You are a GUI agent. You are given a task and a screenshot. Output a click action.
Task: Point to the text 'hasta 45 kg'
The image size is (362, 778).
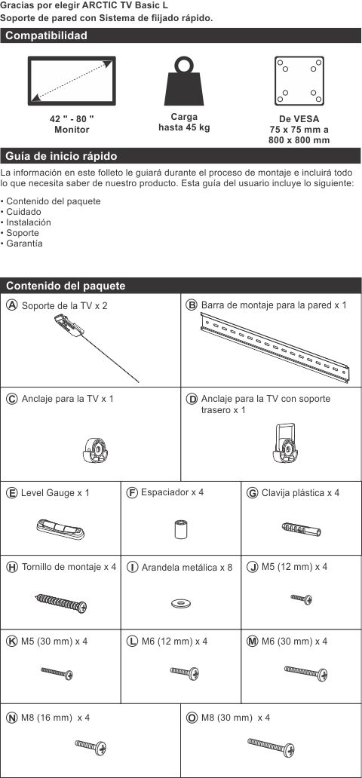[184, 127]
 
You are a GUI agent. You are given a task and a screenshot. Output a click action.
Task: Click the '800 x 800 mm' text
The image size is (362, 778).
[299, 139]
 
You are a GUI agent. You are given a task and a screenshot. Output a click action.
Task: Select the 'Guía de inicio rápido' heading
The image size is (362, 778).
[61, 156]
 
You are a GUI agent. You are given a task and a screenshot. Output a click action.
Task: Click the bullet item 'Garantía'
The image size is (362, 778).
[23, 244]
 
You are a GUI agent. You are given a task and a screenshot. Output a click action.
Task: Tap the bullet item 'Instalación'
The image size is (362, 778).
[28, 222]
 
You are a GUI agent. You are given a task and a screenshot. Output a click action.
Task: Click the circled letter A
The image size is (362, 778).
[12, 305]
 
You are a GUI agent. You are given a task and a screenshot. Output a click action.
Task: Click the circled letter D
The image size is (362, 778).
[192, 399]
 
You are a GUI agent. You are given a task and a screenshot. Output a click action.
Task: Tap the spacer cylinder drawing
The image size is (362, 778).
[180, 529]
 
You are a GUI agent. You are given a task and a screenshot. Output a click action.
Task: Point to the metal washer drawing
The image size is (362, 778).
[180, 602]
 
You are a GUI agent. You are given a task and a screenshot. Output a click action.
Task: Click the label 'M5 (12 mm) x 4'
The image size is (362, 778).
[294, 566]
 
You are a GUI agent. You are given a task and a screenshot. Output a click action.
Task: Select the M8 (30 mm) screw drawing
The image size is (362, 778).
[269, 747]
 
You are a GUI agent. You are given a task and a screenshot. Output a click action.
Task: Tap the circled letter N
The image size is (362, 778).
[12, 717]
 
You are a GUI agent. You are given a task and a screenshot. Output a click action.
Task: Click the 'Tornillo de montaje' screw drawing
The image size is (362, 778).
[61, 602]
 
